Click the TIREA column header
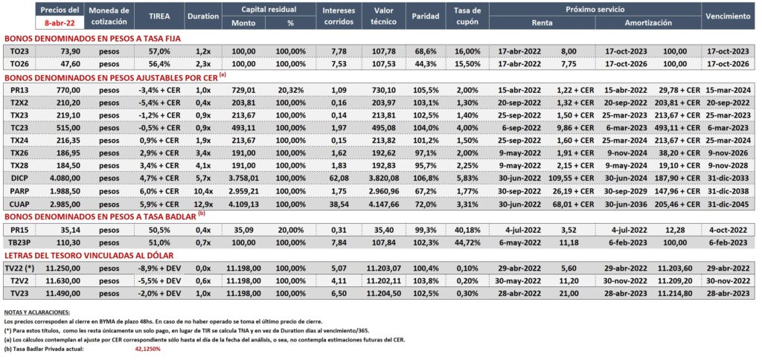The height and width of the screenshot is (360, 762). pyautogui.click(x=159, y=16)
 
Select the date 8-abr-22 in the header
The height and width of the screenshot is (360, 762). pyautogui.click(x=60, y=22)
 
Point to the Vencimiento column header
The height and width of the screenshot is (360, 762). pyautogui.click(x=728, y=16)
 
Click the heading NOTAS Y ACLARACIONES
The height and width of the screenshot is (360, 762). pyautogui.click(x=37, y=312)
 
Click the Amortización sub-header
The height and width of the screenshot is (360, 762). pyautogui.click(x=648, y=22)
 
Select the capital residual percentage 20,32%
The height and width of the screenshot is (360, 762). pyautogui.click(x=291, y=90)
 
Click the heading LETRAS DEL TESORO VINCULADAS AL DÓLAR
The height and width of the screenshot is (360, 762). pyautogui.click(x=89, y=255)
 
